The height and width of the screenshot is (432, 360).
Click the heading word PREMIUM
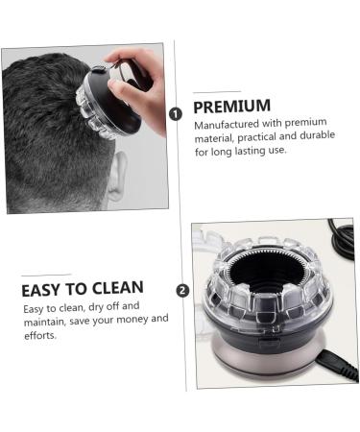232,106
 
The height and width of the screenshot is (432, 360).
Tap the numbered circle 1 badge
175,114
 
